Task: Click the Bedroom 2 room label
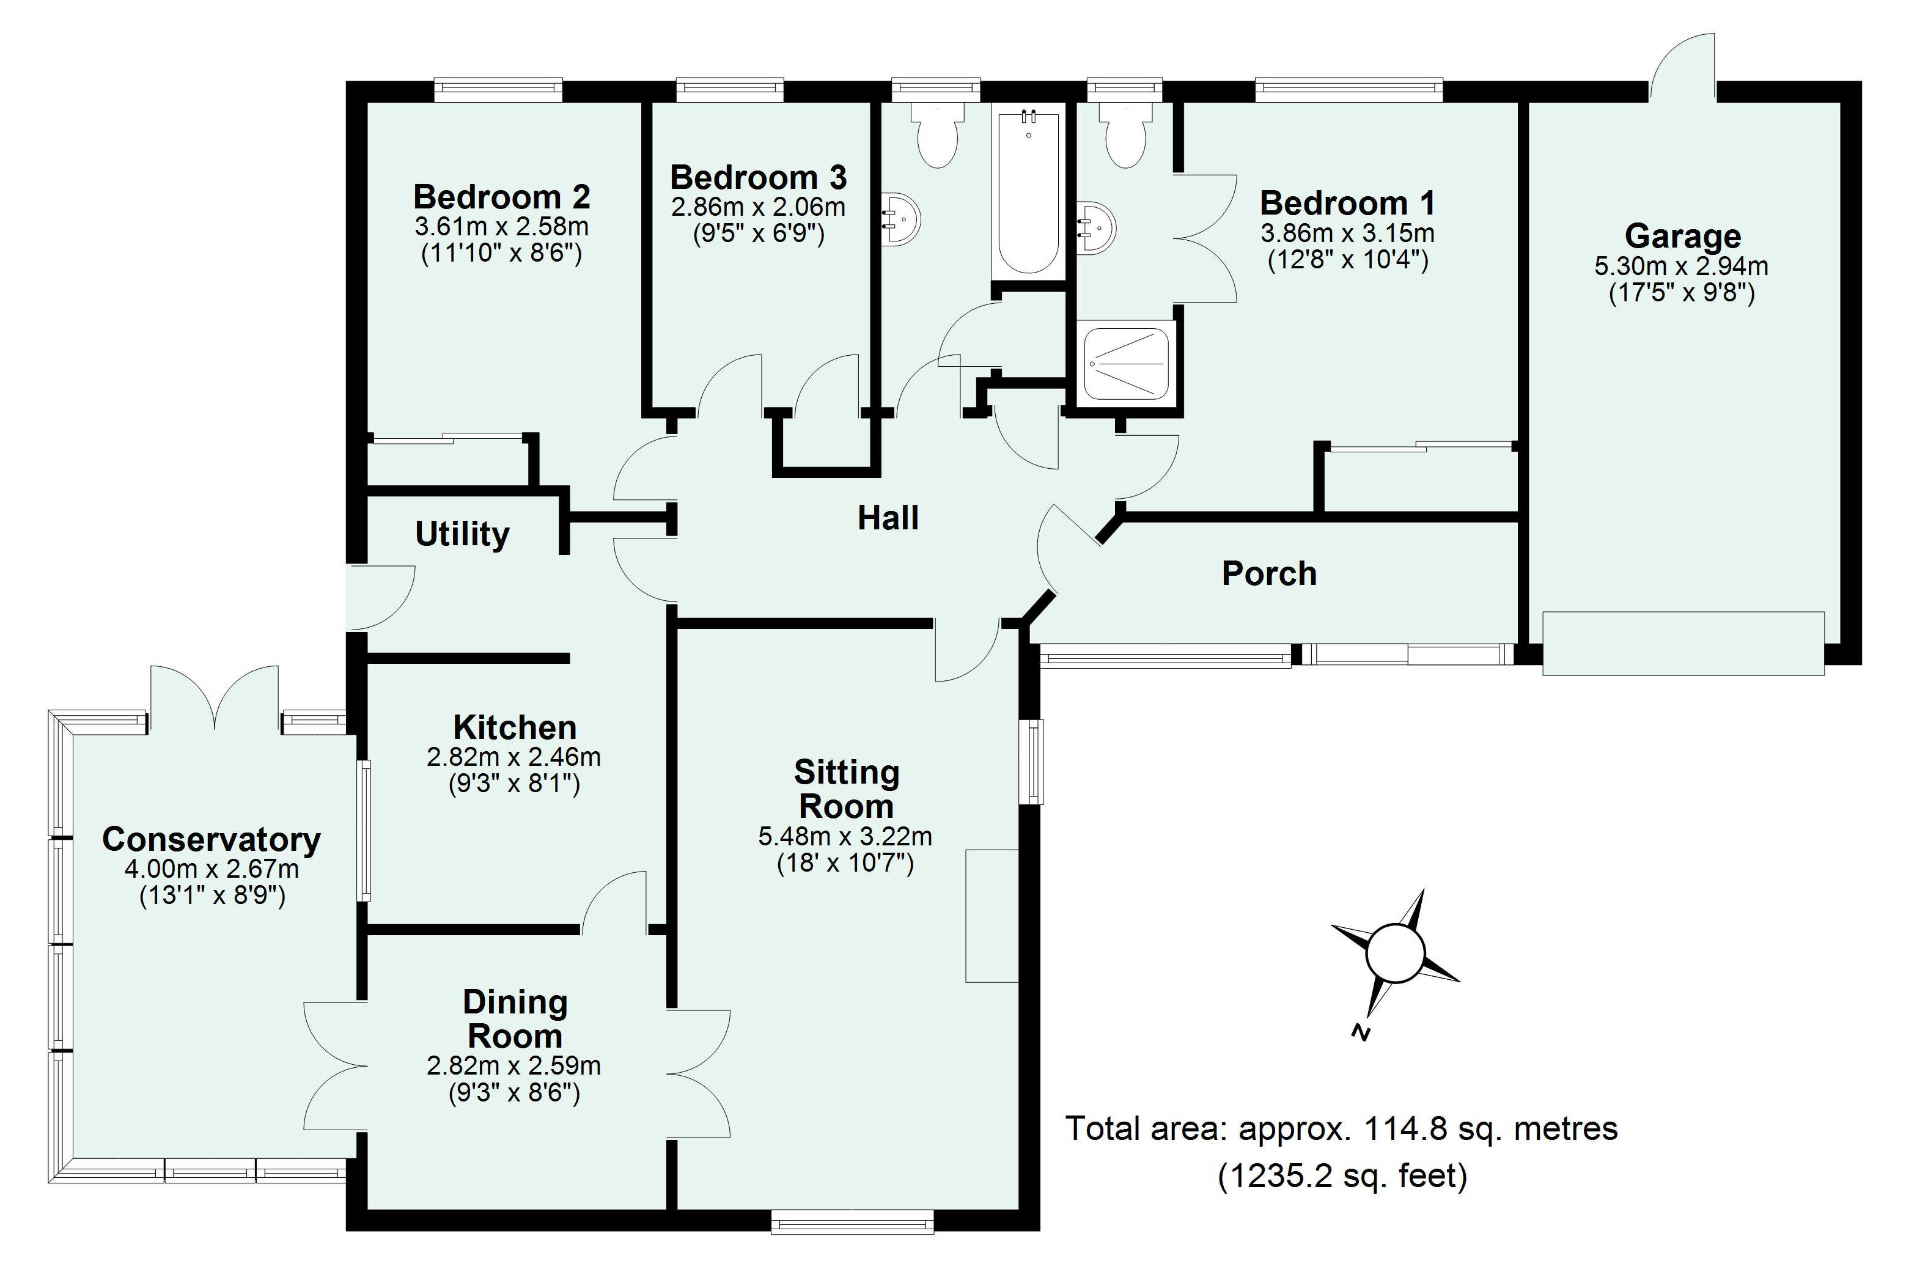[501, 197]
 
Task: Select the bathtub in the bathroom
[1028, 193]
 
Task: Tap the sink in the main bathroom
[900, 218]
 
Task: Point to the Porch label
[1269, 573]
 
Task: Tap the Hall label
[888, 518]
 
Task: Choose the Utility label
[462, 534]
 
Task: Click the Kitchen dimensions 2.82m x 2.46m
[513, 757]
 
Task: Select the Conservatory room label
[211, 840]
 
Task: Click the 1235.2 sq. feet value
[1342, 1175]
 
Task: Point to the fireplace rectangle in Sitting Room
[992, 916]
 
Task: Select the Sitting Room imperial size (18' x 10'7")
[845, 863]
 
